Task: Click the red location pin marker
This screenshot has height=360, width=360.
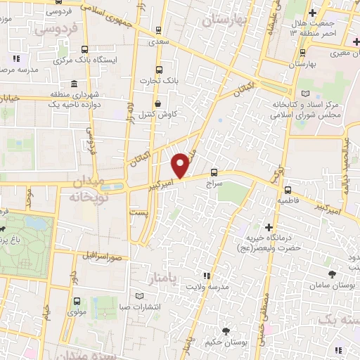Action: (180, 165)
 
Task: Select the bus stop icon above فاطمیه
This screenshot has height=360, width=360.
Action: (288, 190)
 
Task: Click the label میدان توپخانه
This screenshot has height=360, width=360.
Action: (87, 190)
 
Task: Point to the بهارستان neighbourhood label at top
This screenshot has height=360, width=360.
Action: (226, 20)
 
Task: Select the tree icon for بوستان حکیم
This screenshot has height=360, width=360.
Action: (225, 331)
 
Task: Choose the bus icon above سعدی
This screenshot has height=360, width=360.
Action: (160, 30)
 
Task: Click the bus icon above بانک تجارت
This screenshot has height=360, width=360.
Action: (159, 70)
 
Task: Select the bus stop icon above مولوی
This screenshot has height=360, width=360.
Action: (75, 300)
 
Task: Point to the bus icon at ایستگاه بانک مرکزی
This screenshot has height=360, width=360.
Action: (85, 49)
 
